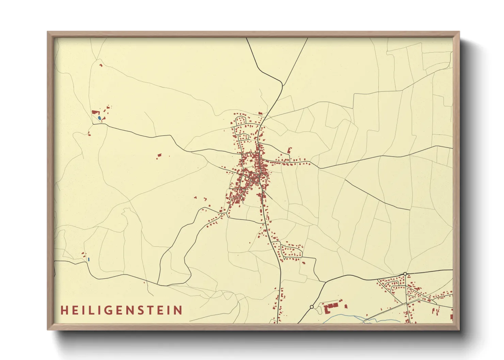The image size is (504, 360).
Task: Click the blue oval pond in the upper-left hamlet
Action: coord(99,118)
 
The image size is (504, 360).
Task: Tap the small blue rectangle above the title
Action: coord(89,259)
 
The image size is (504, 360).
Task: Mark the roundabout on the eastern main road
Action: coord(405,274)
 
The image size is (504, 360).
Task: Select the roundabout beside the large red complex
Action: coord(312,307)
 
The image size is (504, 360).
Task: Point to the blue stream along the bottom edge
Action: coord(344,318)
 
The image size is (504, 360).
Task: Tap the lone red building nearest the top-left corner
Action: coord(101,65)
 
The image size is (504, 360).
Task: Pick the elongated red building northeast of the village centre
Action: coord(289,150)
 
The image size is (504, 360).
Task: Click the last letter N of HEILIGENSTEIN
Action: coord(178,310)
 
